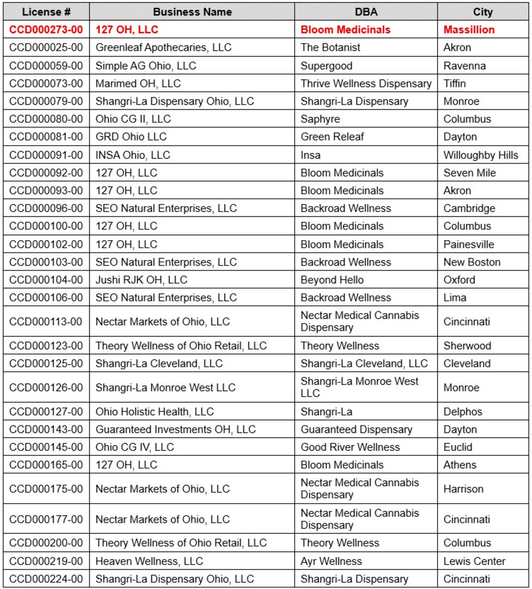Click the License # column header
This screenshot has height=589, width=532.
point(46,12)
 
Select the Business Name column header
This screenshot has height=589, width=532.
point(192,12)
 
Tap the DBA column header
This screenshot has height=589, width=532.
point(366,12)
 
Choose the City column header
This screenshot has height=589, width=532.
point(483,12)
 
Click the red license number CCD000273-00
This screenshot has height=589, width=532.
point(46,30)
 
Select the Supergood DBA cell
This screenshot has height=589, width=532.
point(324,66)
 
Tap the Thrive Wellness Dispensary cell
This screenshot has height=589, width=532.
point(366,84)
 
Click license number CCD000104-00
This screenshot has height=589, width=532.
point(46,280)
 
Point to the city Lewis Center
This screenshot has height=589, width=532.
point(474,561)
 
